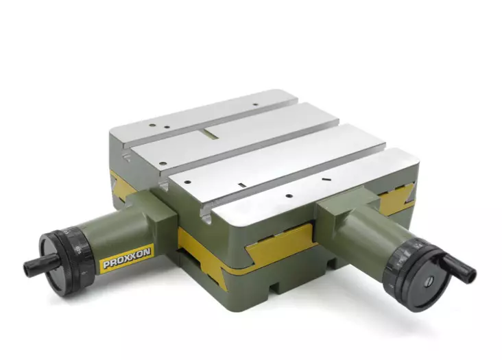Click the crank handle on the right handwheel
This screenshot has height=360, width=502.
[459, 268]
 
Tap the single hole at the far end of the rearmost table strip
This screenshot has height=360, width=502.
[255, 104]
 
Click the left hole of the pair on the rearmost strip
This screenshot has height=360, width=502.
[152, 125]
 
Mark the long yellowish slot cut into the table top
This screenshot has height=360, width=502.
[212, 134]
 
